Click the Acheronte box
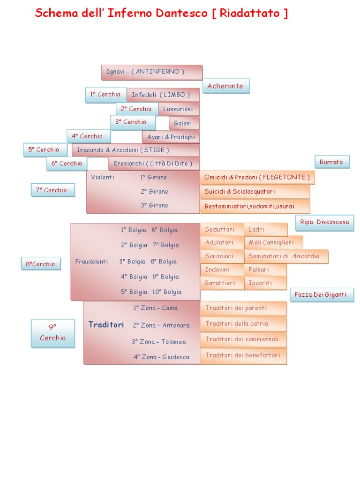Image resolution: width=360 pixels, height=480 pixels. point(225,86)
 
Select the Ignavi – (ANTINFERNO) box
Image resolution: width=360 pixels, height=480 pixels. point(151,72)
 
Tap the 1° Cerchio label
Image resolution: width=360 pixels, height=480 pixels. point(106,95)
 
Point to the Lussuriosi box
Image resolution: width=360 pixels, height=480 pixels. point(179,109)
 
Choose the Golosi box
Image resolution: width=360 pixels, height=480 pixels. point(183,123)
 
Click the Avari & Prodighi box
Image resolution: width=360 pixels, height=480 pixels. point(171,137)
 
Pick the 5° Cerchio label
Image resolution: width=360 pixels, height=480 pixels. point(45,150)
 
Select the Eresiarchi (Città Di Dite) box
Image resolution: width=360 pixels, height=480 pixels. point(154,164)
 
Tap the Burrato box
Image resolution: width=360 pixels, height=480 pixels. point(331,162)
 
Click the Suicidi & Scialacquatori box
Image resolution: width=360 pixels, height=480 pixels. point(255,192)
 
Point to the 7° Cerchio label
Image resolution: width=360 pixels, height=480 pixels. point(52,190)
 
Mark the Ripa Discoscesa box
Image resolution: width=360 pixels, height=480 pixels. point(324,222)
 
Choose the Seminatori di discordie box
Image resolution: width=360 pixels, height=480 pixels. point(285,256)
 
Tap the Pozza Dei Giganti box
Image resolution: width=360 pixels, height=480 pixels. point(321,295)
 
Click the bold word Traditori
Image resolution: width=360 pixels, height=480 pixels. point(106,325)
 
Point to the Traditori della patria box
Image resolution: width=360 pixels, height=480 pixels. point(243,323)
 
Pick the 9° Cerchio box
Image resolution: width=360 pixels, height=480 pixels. point(52,333)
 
